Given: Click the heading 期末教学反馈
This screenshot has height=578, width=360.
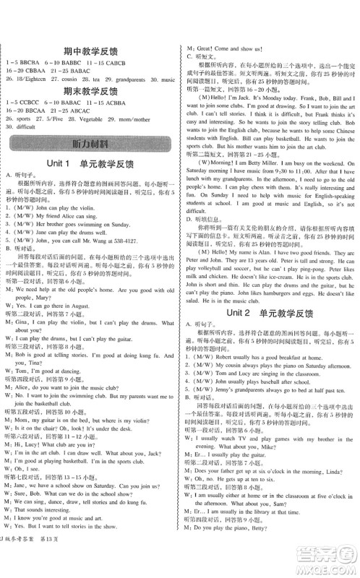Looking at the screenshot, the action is [x=90, y=92].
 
